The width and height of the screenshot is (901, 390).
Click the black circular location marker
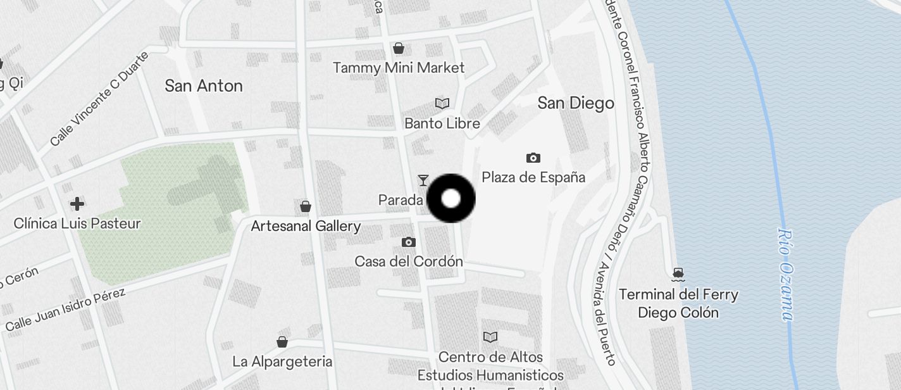point(451,199)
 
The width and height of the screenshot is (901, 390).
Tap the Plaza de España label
point(533,177)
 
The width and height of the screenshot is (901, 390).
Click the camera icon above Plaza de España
point(533,158)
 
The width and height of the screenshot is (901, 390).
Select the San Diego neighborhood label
point(576,103)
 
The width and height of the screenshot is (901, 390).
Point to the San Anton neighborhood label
point(204,86)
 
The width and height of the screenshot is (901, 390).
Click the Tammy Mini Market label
point(399,68)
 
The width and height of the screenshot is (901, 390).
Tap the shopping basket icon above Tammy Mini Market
point(399,48)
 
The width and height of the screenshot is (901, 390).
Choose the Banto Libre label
point(442,123)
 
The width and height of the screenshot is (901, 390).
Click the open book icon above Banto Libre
point(442,103)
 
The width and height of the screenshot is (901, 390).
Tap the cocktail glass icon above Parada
point(423,180)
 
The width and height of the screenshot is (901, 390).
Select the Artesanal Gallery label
point(306,226)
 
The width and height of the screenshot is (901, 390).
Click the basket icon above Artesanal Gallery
point(306,206)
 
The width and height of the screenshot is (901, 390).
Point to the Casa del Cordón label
point(409,261)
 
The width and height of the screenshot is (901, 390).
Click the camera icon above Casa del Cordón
point(409,242)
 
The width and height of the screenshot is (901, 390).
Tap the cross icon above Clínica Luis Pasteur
point(77,204)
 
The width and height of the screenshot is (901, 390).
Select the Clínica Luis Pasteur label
point(77,223)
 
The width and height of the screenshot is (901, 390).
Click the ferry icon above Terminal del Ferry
point(679,274)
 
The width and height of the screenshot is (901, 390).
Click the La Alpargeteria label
point(282,362)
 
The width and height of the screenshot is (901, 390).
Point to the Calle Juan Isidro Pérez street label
point(66,310)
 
